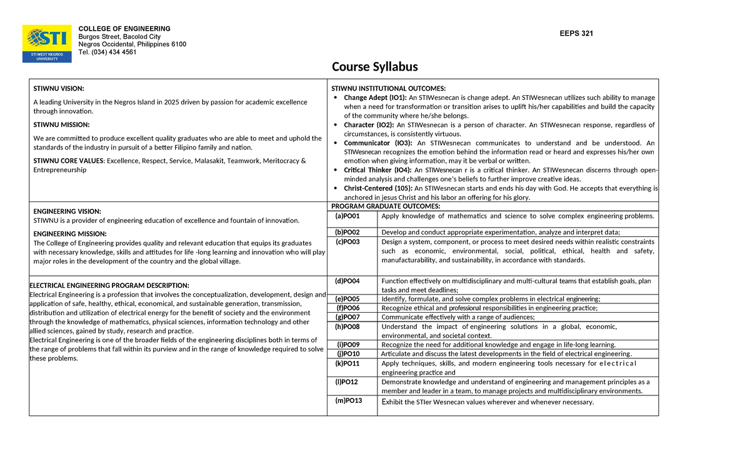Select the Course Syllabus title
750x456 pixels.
374,67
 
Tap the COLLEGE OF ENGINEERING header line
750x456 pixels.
124,29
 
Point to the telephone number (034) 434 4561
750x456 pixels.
107,52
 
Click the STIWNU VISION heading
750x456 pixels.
58,88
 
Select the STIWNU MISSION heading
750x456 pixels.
61,124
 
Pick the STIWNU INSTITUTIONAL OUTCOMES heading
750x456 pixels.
388,88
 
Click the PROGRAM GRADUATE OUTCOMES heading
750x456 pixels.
386,206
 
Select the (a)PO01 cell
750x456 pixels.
347,216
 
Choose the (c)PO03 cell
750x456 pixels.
347,241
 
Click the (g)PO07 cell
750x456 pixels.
347,317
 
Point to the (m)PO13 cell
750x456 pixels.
349,401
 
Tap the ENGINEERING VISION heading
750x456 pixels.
67,211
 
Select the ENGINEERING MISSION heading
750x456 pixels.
69,234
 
